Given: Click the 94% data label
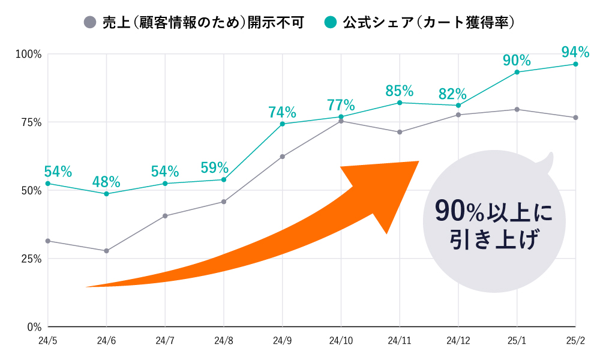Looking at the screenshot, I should (x=575, y=52).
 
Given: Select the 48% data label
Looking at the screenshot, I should (x=106, y=181).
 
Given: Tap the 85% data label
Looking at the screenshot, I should (x=399, y=91).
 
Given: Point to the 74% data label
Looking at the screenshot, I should (x=282, y=112).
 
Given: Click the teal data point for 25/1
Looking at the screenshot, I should (x=517, y=72).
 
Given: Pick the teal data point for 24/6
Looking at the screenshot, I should (x=106, y=194).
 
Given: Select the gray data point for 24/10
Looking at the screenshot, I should (x=341, y=121).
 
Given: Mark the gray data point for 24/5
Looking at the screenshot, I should (x=48, y=241).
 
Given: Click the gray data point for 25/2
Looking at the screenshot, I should (x=575, y=118).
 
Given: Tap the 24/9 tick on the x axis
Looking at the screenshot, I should (x=282, y=341).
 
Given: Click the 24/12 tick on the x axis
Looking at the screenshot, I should (x=458, y=341).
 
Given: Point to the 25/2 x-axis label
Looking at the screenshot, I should (x=575, y=341).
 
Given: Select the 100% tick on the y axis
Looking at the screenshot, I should (x=28, y=54).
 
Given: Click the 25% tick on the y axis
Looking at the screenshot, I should (x=29, y=259).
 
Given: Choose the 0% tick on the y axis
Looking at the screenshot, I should (x=32, y=327).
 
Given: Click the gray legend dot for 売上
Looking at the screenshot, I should (x=89, y=23).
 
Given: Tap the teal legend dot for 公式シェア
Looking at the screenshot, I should (x=329, y=23).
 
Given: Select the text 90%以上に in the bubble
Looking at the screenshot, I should (x=493, y=212).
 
